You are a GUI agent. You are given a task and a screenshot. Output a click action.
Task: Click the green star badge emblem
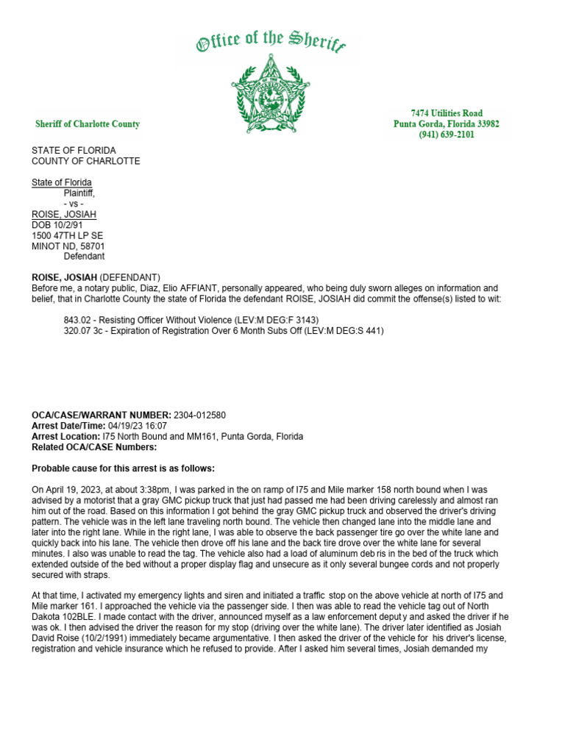270,95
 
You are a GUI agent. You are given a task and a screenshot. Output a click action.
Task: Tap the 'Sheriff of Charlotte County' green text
88,124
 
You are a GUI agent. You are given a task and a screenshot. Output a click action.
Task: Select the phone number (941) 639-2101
447,135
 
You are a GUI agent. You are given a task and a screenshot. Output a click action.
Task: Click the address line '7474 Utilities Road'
447,113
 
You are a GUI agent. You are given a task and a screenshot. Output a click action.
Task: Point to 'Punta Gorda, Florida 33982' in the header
447,124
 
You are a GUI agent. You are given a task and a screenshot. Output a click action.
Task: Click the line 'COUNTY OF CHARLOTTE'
85,161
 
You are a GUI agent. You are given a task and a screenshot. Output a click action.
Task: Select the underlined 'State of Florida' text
62,182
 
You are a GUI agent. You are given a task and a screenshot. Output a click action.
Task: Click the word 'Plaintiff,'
85,193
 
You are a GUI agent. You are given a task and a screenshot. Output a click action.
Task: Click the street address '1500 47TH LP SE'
67,235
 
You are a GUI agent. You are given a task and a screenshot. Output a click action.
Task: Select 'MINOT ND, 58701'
68,246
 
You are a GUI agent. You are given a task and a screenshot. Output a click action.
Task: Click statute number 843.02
78,321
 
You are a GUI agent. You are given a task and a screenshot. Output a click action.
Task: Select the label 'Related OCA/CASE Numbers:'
94,447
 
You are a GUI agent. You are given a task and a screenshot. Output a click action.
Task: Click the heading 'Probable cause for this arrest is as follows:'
124,468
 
